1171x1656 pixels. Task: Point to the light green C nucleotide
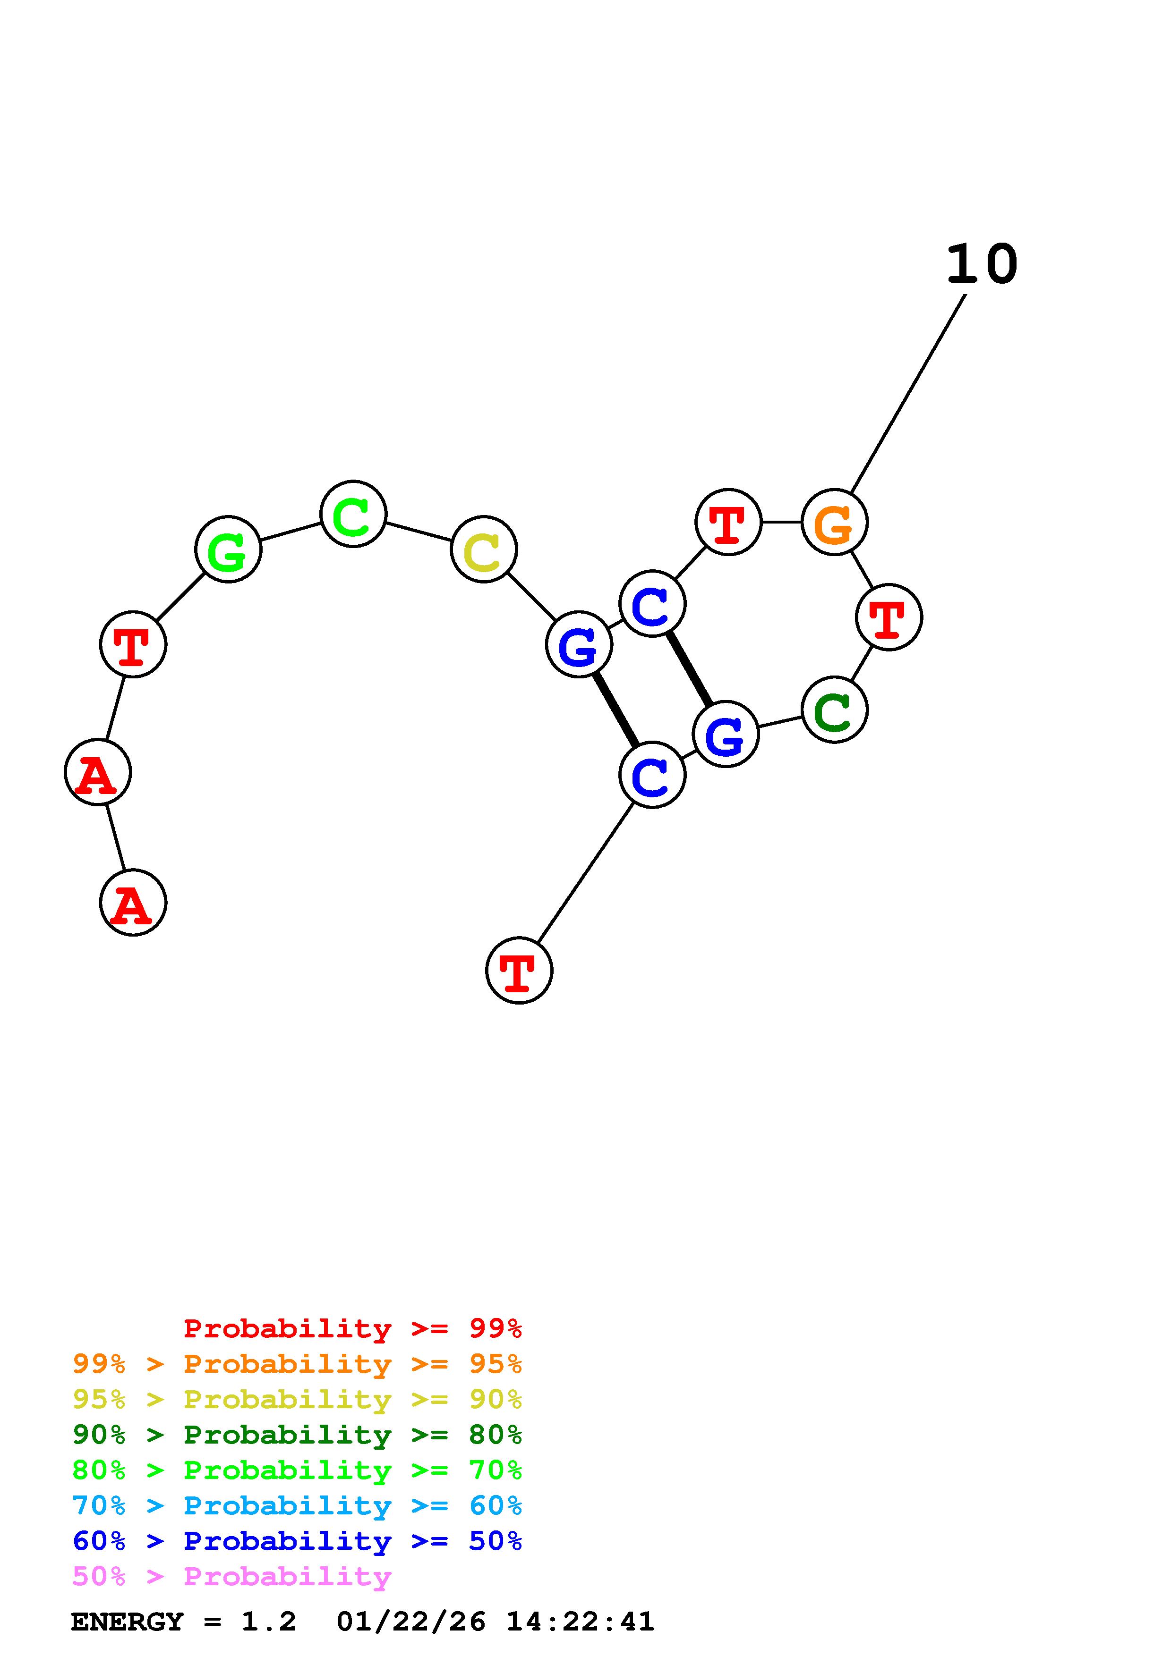pos(353,514)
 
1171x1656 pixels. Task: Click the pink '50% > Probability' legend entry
pos(231,1577)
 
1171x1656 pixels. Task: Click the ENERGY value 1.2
pos(268,1622)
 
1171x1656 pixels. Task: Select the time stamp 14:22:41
pos(580,1622)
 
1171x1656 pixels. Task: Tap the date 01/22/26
pos(410,1622)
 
